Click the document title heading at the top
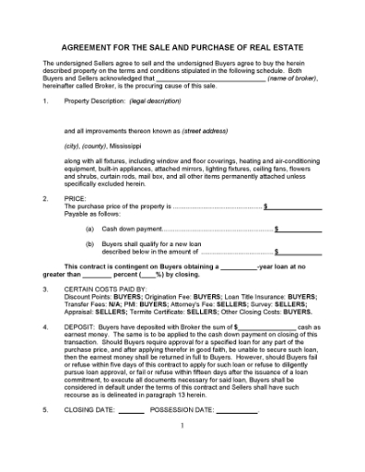pos(182,46)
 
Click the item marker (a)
pos(89,228)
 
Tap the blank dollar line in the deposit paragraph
pos(267,327)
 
